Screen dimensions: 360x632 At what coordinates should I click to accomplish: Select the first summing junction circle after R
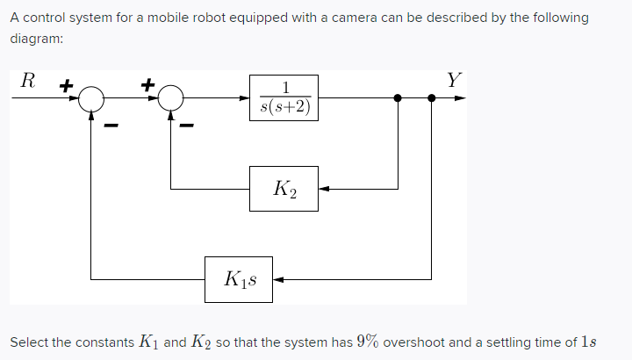[91, 99]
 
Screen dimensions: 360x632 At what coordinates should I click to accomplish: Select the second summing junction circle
[171, 99]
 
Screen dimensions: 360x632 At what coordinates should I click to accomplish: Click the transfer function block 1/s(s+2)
[284, 98]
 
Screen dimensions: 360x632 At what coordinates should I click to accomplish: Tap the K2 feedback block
[284, 188]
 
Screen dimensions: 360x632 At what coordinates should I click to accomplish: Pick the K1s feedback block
[239, 279]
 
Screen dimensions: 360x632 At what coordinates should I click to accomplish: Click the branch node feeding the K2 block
[399, 98]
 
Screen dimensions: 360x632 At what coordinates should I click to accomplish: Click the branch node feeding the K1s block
[431, 98]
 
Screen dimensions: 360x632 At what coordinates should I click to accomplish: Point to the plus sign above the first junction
[64, 86]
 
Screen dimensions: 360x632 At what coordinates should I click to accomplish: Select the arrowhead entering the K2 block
[324, 188]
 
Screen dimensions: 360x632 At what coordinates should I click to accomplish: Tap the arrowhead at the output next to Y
[459, 98]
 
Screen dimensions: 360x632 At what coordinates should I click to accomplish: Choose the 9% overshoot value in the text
[368, 341]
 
